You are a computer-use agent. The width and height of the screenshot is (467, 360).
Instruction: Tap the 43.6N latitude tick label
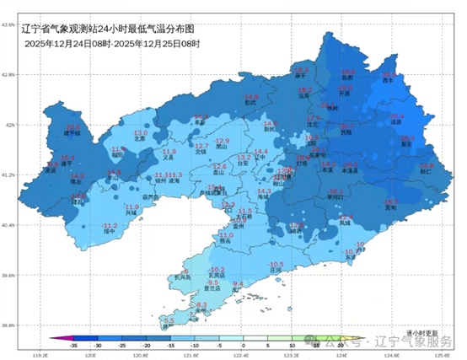8,24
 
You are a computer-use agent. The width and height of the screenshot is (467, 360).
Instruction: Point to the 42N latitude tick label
9,125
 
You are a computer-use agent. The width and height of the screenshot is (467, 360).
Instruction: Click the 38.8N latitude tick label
8,325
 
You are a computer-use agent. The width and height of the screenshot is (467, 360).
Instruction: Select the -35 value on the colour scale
74,345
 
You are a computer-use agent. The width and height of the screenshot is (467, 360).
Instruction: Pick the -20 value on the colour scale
147,345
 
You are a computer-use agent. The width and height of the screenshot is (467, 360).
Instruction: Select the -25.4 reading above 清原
396,116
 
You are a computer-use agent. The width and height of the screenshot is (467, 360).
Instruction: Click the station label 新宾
406,144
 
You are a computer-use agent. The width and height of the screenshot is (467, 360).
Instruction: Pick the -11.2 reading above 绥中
110,225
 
